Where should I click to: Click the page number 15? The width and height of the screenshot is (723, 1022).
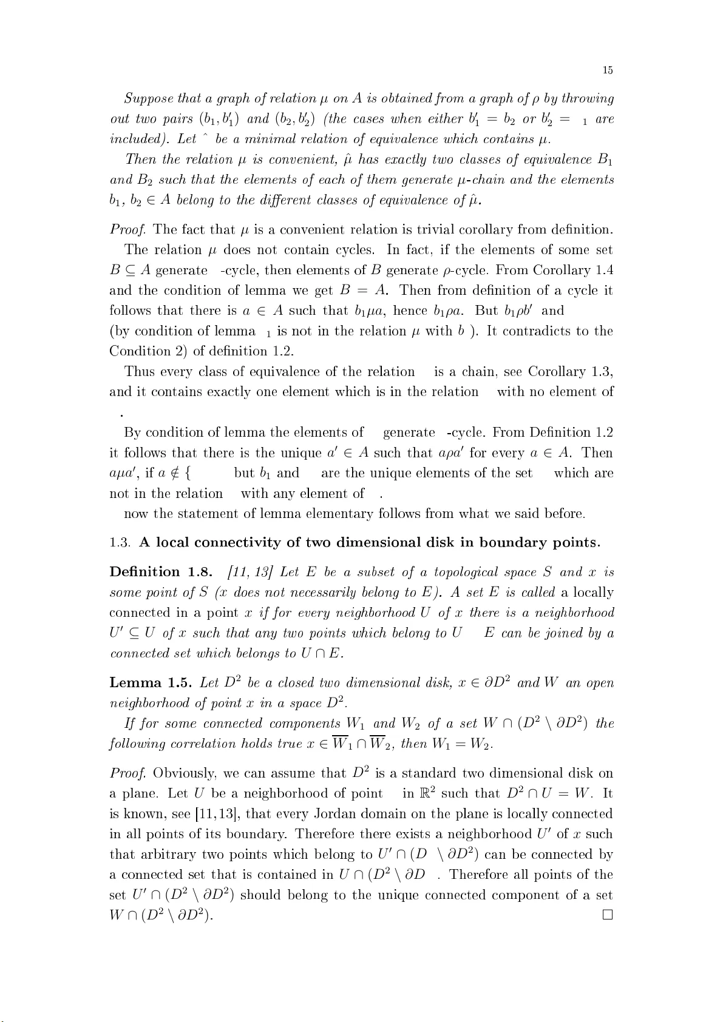(608, 70)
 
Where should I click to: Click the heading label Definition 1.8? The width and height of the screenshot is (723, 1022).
(161, 572)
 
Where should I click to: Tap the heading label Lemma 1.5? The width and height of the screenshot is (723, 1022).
(151, 683)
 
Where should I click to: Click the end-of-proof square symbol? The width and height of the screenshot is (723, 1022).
(608, 915)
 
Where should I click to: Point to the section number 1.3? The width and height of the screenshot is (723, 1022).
(120, 542)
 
